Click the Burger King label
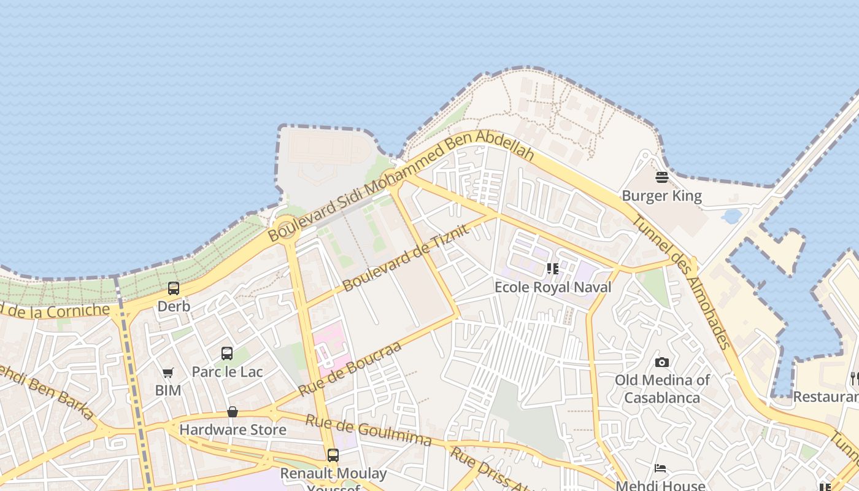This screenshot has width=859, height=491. point(661,196)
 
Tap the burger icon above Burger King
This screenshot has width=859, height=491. point(661,178)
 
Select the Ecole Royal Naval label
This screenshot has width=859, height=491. point(553,287)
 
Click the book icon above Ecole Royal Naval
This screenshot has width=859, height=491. point(553,269)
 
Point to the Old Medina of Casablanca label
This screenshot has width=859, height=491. point(662,389)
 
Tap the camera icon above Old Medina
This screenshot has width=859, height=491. point(661,362)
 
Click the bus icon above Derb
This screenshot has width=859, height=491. point(174,288)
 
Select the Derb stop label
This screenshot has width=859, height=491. point(174,306)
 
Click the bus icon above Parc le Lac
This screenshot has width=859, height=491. point(227,354)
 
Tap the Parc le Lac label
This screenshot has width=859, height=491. point(227,371)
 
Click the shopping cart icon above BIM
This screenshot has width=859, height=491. point(168,373)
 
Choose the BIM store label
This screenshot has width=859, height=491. point(168,390)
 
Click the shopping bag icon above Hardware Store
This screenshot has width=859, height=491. point(233,412)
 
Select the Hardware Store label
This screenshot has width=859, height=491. point(233,430)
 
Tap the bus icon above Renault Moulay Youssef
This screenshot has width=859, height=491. point(333,455)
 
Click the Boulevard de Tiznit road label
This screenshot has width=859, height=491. point(406,257)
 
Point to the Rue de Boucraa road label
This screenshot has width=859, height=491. point(350,368)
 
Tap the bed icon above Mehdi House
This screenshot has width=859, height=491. point(660,468)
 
